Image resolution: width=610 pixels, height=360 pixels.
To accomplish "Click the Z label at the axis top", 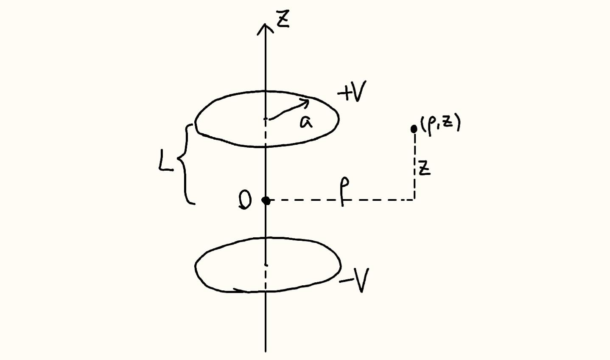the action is pyautogui.click(x=283, y=19).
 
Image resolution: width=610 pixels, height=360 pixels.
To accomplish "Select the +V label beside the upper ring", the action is pyautogui.click(x=352, y=91).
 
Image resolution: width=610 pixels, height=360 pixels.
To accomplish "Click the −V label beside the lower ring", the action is pyautogui.click(x=354, y=280).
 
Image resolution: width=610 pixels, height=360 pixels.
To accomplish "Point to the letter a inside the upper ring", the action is pyautogui.click(x=306, y=122).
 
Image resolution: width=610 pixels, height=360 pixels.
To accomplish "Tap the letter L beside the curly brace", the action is pyautogui.click(x=165, y=163).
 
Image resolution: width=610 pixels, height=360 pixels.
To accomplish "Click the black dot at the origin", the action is pyautogui.click(x=266, y=200).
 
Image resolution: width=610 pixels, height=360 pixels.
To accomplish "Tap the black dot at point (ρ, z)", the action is pyautogui.click(x=414, y=129).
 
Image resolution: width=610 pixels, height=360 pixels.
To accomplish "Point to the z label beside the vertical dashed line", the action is pyautogui.click(x=425, y=168).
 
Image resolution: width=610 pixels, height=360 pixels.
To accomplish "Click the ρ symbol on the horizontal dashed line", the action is pyautogui.click(x=345, y=191).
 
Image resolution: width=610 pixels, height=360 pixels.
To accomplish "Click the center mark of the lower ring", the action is pyautogui.click(x=266, y=265).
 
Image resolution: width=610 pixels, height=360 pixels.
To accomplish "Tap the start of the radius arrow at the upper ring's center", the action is pyautogui.click(x=269, y=119).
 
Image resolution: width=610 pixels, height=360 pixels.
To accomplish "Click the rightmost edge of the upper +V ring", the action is pyautogui.click(x=339, y=119).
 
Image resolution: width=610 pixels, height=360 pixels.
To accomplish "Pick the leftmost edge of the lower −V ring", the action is pyautogui.click(x=195, y=266).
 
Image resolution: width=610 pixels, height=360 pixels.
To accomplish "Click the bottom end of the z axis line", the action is pyautogui.click(x=266, y=352).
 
